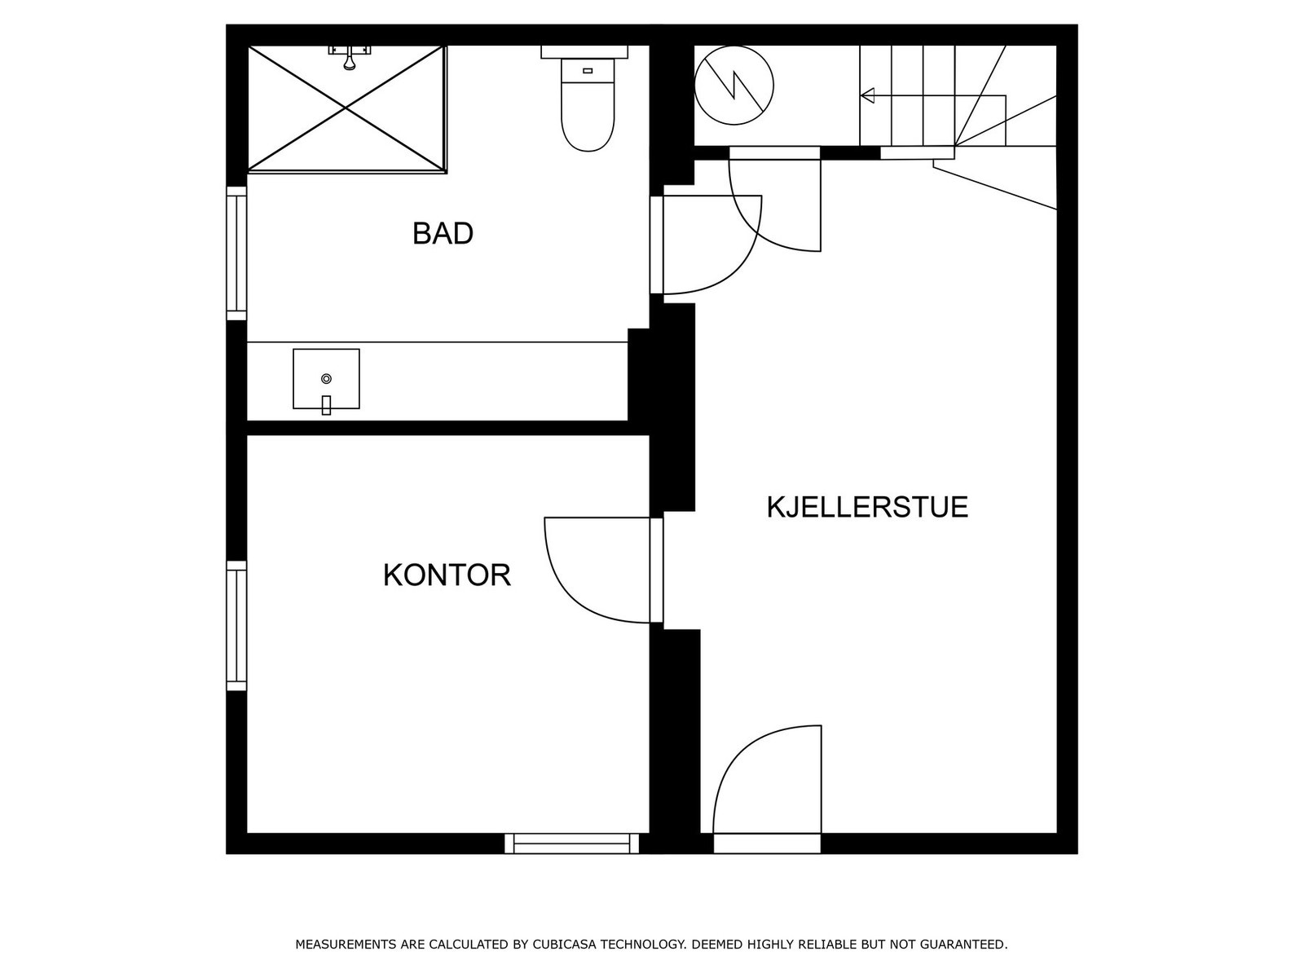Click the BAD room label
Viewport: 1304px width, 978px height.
click(443, 234)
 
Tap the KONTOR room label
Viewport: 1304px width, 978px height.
click(447, 575)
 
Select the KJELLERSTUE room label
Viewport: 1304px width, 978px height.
click(866, 507)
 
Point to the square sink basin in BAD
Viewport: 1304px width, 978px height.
click(326, 379)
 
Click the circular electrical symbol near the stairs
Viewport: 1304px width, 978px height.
click(733, 85)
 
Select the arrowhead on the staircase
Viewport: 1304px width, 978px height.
click(868, 96)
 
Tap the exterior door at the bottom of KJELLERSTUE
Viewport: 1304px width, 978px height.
click(766, 782)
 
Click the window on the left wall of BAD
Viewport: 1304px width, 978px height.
click(236, 253)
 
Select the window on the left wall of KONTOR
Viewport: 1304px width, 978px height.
click(236, 626)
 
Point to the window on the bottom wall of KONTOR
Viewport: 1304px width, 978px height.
click(572, 844)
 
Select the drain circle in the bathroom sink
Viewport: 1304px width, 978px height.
click(326, 378)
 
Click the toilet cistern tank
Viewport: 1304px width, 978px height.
click(584, 51)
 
